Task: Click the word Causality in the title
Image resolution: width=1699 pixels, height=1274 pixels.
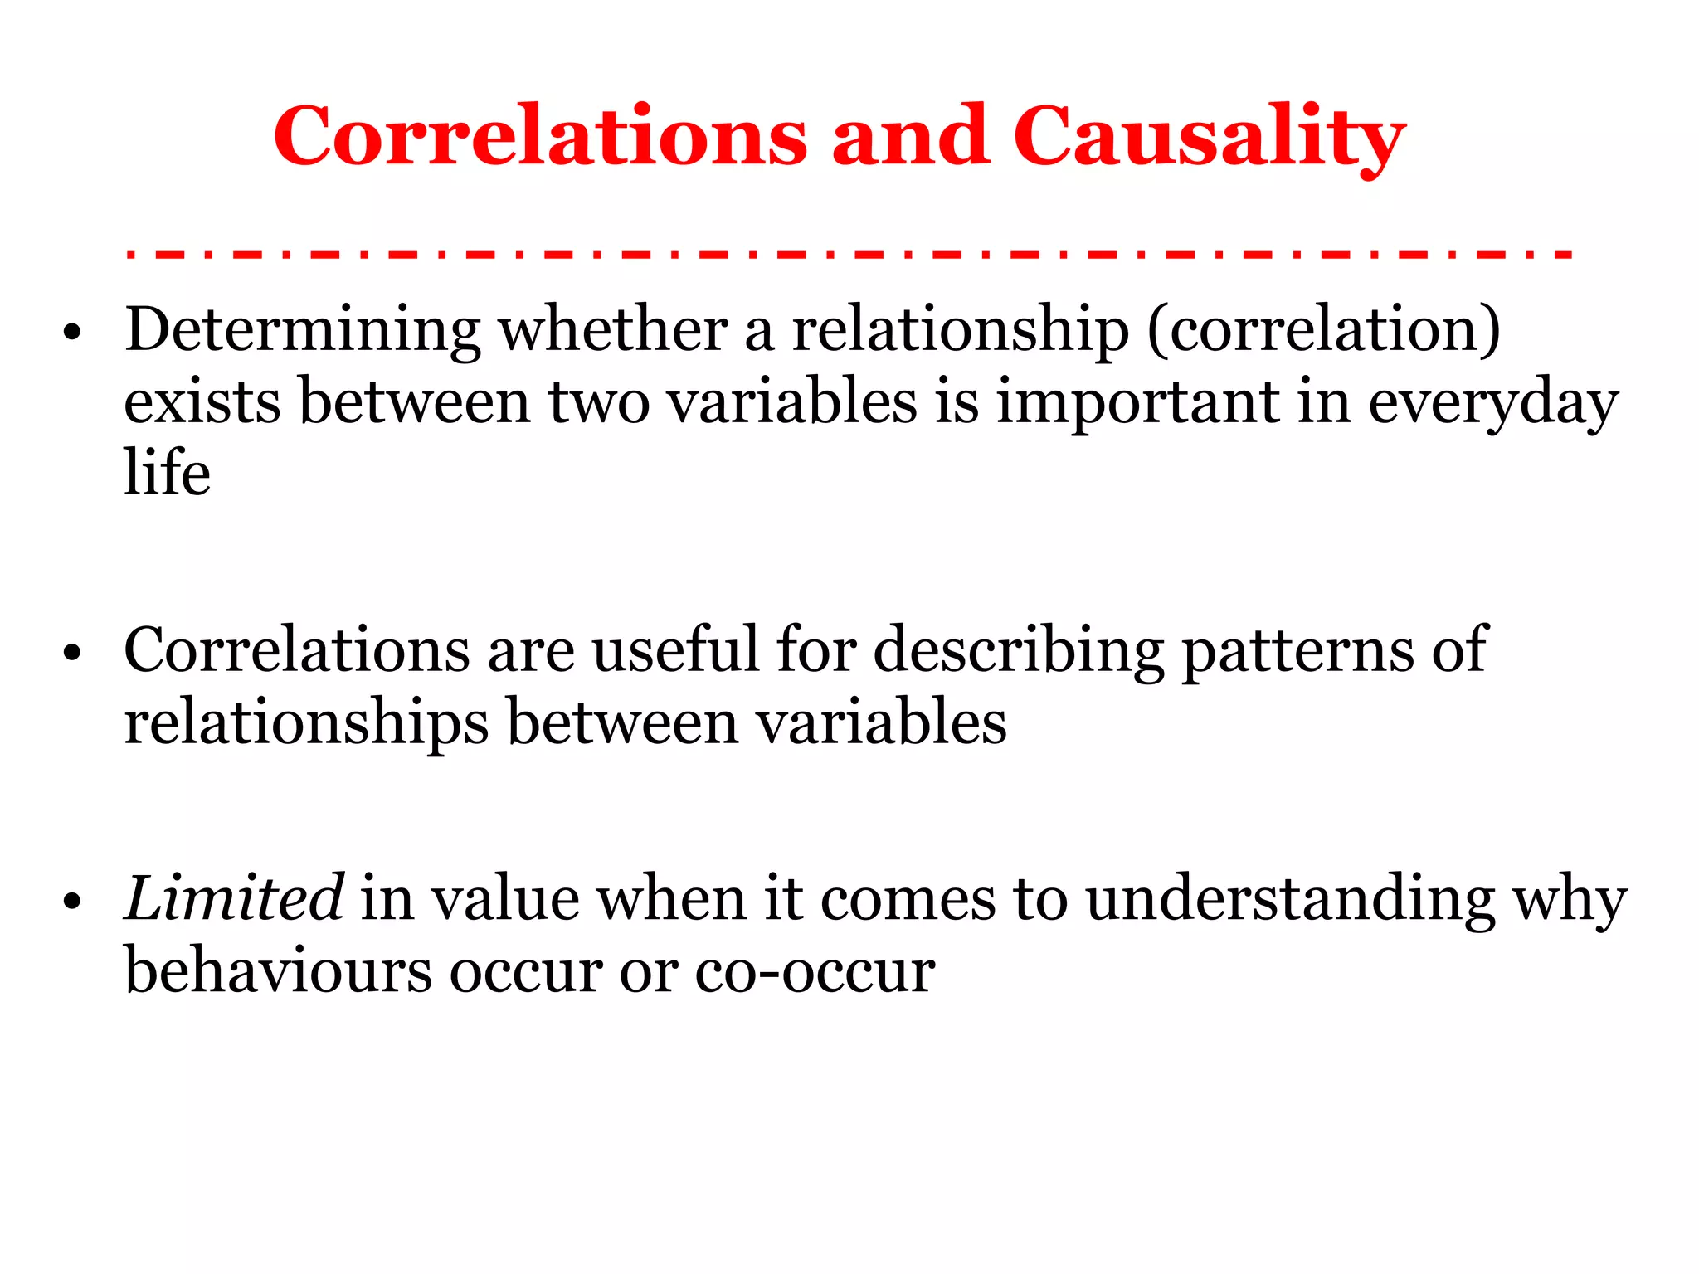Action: click(x=1209, y=137)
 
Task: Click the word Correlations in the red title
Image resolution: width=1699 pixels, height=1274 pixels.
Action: click(x=540, y=137)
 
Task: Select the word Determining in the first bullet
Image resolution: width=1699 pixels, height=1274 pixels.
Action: click(x=302, y=331)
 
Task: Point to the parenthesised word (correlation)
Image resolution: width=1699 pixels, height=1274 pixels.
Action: click(x=1324, y=331)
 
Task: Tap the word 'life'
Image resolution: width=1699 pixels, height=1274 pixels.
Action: click(x=168, y=473)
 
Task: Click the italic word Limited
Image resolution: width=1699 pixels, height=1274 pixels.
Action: click(x=234, y=898)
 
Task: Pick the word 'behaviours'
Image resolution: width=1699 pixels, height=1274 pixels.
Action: click(x=278, y=970)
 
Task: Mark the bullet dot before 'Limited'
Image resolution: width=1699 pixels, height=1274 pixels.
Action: click(x=73, y=901)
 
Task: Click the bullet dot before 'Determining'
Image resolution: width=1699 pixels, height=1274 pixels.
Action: click(x=73, y=333)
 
